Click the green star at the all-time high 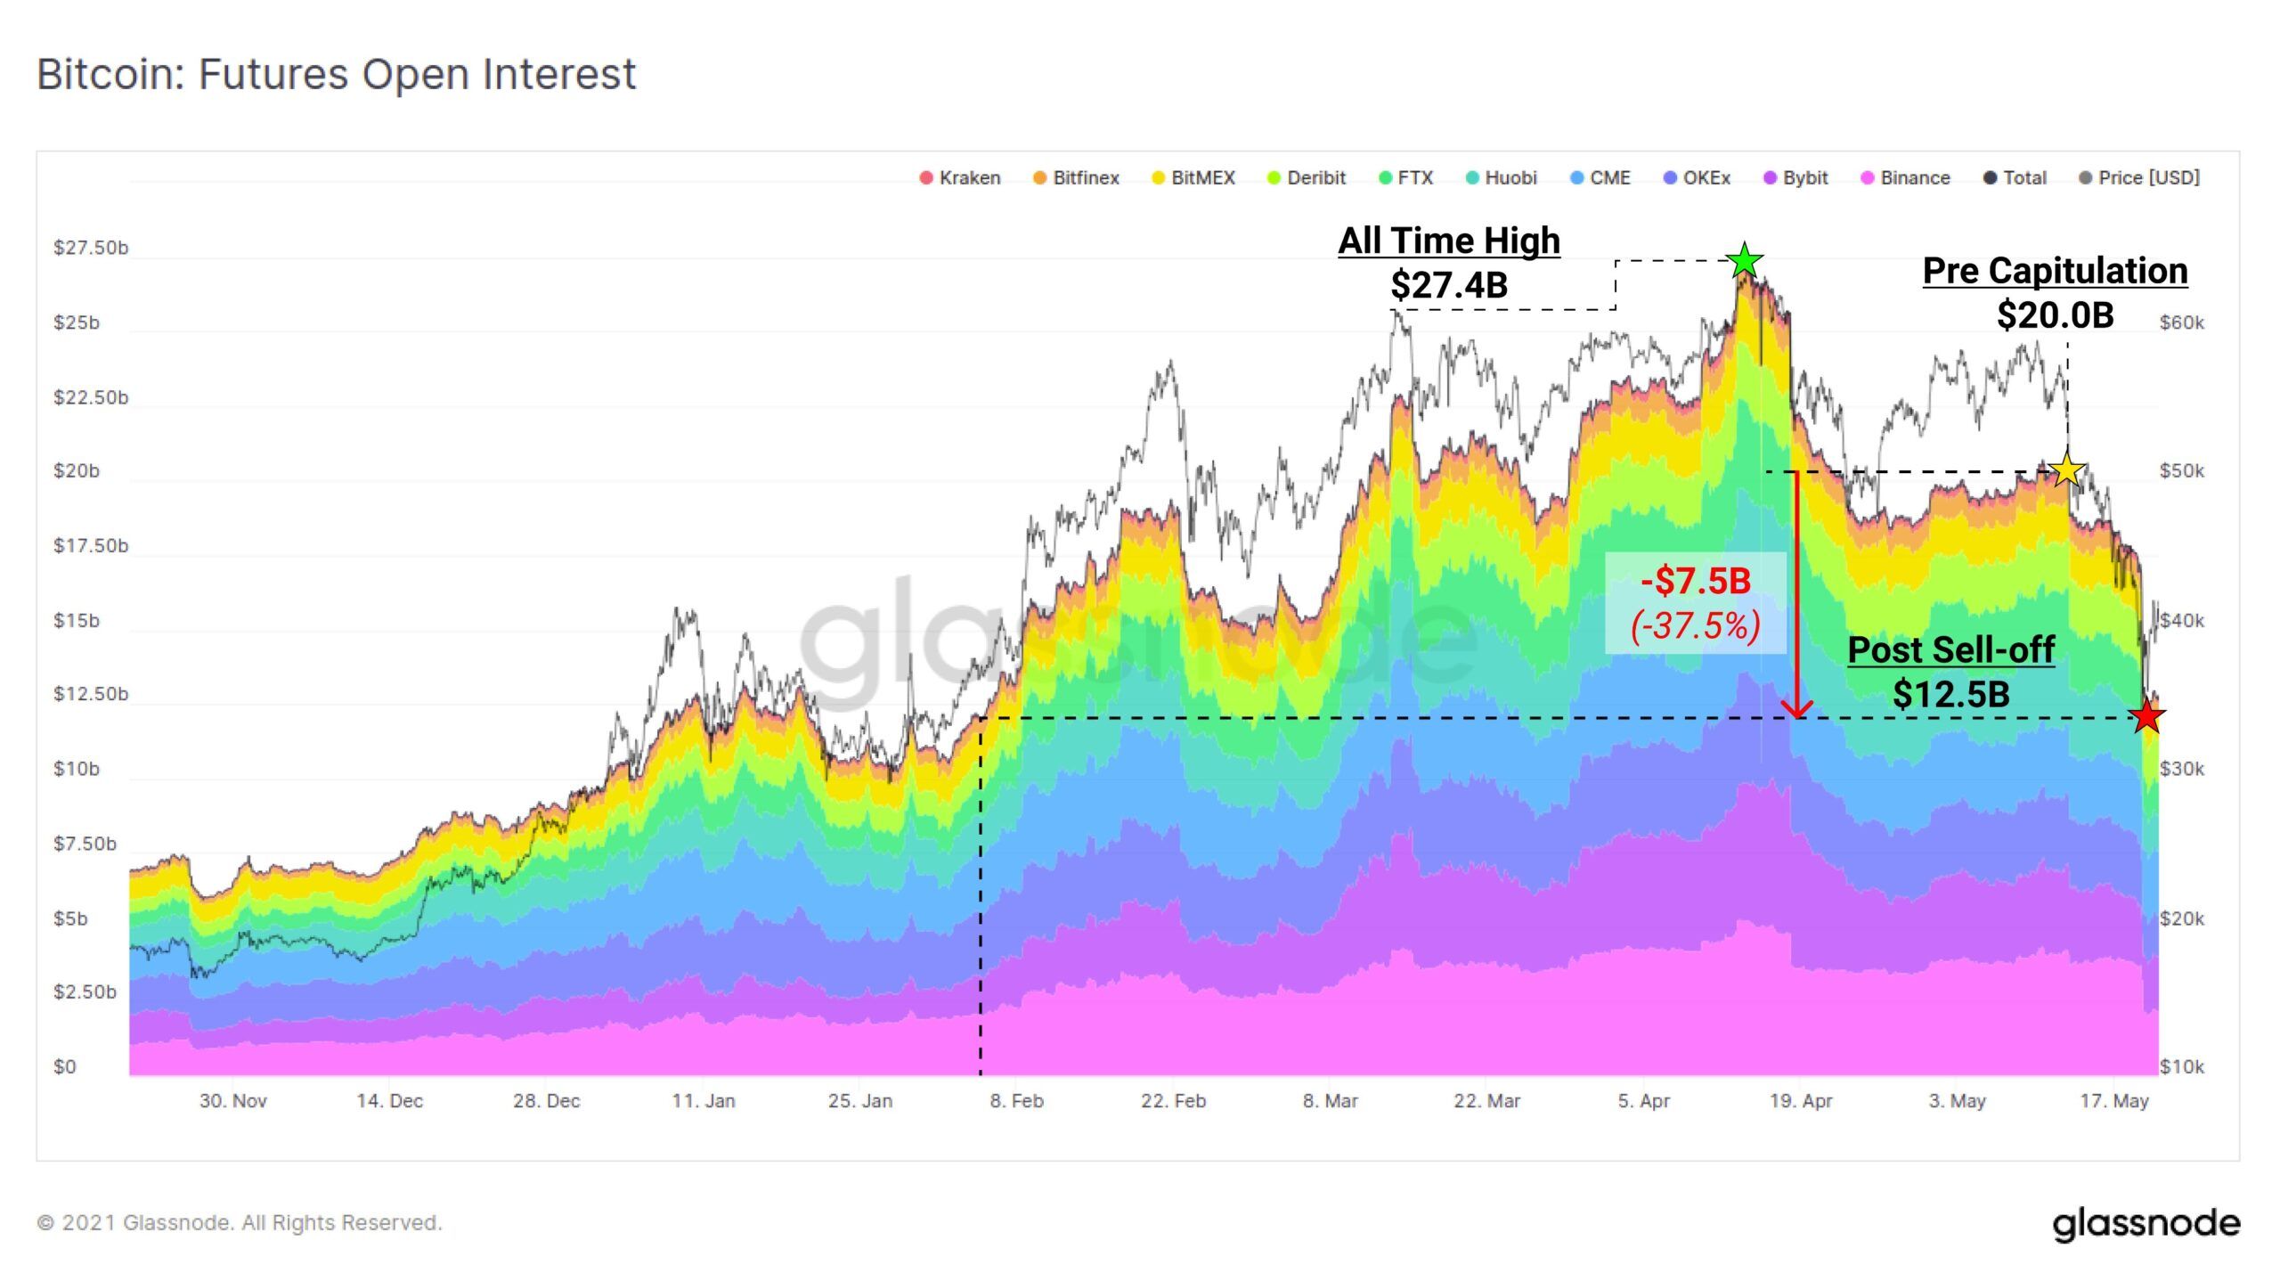[1744, 261]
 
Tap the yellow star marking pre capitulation [2067, 469]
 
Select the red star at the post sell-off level [2147, 715]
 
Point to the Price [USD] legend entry [2139, 178]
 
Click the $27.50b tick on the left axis [91, 248]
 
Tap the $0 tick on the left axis [65, 1066]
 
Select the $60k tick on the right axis [2182, 322]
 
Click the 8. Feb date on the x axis [1016, 1101]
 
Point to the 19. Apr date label [1801, 1101]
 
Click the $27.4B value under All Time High [1449, 286]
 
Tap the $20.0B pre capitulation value [2055, 315]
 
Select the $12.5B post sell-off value [1950, 695]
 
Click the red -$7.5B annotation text [1696, 582]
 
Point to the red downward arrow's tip [1797, 714]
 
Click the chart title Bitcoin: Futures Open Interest [337, 74]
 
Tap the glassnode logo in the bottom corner [2146, 1224]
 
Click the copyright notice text [240, 1223]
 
